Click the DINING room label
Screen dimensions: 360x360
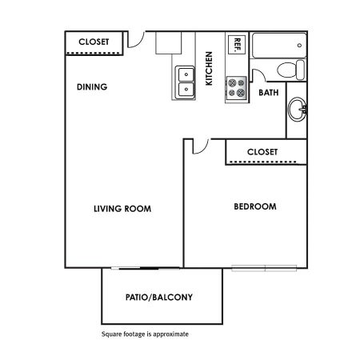[92, 87]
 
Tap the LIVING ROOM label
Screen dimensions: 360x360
[122, 209]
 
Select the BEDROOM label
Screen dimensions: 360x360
[255, 206]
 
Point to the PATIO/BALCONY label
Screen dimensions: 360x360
[159, 297]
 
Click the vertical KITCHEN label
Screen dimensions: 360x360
[209, 69]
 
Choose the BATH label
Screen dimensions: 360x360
[269, 93]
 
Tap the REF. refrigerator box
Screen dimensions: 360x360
[237, 45]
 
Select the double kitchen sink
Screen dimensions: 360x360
[186, 82]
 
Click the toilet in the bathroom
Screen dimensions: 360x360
[290, 70]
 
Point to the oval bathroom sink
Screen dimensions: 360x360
[298, 110]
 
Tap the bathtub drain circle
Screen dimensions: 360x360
[299, 46]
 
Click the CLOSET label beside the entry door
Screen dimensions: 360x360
[94, 42]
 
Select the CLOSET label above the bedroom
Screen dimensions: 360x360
[262, 152]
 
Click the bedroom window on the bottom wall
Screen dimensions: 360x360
[264, 268]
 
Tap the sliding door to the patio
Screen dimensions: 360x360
[146, 268]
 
